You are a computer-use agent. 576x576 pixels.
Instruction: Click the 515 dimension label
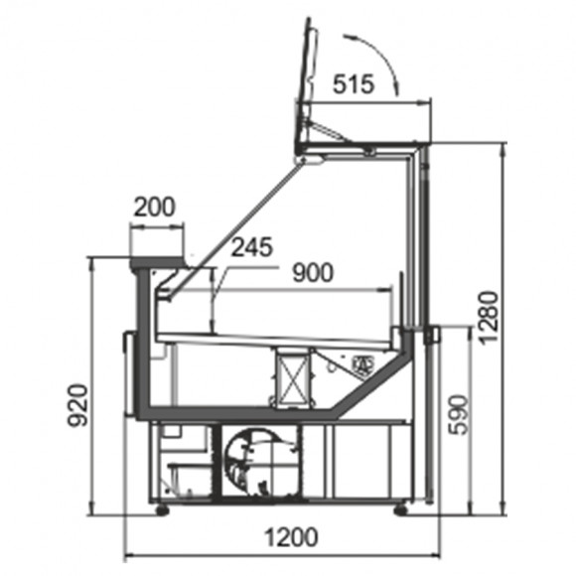[354, 83]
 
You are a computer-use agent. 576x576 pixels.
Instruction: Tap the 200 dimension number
[154, 208]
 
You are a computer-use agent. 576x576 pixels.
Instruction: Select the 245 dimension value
[252, 247]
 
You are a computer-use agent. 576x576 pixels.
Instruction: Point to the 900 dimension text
[313, 272]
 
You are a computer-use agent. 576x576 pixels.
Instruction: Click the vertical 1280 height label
[489, 318]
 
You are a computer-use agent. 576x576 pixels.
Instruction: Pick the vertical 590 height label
[459, 415]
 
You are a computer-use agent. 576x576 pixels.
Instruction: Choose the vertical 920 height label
[78, 405]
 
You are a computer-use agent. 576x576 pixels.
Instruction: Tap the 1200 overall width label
[291, 537]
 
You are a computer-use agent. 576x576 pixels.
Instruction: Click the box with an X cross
[293, 378]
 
